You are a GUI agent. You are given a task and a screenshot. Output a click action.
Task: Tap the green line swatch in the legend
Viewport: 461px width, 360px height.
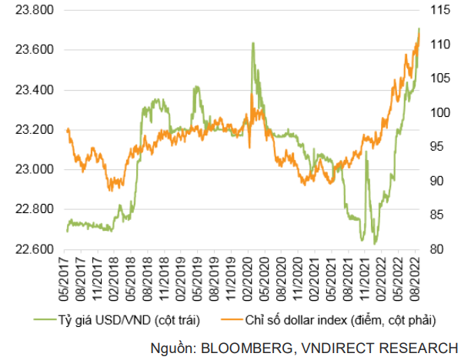pos(45,320)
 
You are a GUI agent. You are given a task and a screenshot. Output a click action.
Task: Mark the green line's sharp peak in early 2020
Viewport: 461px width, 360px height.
pos(253,44)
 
